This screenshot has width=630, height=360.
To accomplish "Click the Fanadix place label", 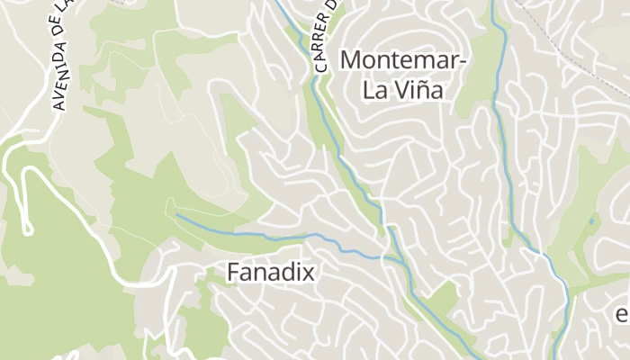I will (x=271, y=271).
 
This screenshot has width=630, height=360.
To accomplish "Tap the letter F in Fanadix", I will (x=233, y=271).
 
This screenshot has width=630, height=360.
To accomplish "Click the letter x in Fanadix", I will (x=309, y=272).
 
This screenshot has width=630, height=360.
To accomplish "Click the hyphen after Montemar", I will (x=463, y=62).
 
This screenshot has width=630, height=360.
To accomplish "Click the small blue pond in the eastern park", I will (x=591, y=220).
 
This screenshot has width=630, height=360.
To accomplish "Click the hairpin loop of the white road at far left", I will (x=26, y=228).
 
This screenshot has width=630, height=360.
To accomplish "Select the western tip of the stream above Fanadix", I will (x=178, y=216).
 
